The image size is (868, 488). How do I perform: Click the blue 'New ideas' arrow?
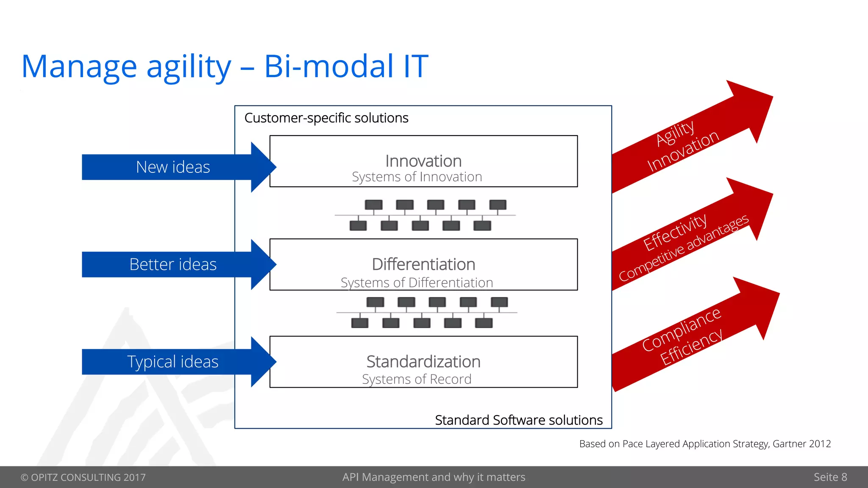coord(173,167)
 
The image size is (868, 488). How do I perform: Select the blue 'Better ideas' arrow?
coord(173,264)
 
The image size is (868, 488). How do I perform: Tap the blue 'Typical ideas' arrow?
coord(173,362)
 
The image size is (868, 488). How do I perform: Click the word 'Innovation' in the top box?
coord(423,161)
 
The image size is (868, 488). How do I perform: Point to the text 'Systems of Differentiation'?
coord(417,283)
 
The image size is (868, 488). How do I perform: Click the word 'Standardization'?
coord(423,362)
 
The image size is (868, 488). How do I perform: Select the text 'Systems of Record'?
coord(417,379)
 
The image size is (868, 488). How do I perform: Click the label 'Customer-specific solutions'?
coord(326,118)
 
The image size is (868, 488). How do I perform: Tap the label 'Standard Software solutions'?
coord(519,420)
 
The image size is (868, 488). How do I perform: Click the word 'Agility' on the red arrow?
coord(675,133)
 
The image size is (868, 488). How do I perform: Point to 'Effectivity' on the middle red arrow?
coord(675,232)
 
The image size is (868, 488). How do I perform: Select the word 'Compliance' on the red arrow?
coord(681,329)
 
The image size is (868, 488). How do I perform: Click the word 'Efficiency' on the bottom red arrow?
coord(691,347)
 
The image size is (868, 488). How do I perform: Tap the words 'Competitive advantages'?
coord(684,248)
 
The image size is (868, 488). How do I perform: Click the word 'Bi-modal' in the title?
coord(328,67)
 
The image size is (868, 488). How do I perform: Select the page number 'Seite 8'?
coord(830,477)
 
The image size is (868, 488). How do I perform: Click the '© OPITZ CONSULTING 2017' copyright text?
coord(83,477)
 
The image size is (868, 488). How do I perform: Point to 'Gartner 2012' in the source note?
coord(801,444)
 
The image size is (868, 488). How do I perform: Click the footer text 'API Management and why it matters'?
coord(434,477)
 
